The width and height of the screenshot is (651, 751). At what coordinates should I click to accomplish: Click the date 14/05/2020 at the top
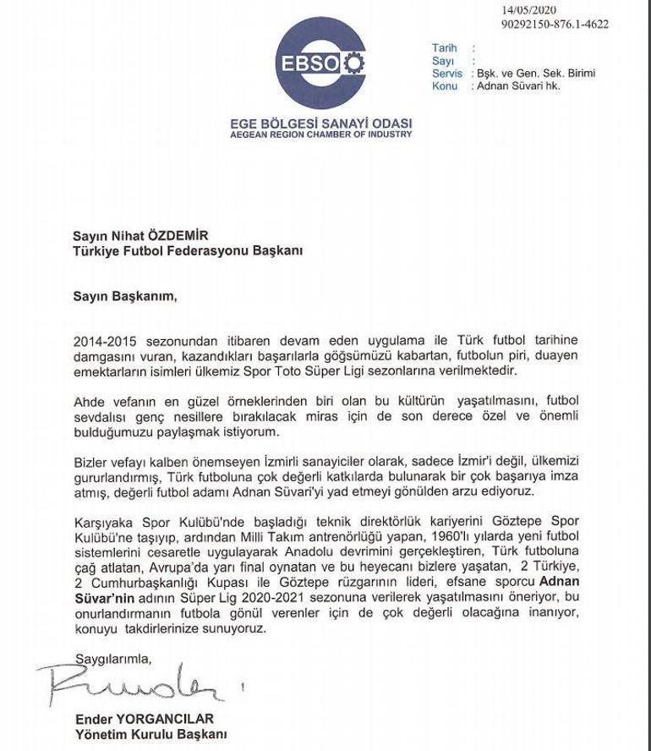[526, 11]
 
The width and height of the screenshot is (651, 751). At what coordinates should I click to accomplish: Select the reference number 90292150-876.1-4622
[555, 25]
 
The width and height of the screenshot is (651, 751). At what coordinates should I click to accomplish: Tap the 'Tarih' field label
[444, 49]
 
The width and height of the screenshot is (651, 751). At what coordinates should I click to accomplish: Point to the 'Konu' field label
[445, 86]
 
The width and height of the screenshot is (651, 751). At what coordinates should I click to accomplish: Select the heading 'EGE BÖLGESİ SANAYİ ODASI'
[320, 123]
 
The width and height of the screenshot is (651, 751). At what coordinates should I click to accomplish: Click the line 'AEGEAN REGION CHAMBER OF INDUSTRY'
[320, 134]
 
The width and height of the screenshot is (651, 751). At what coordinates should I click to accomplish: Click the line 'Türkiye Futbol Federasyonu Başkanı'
[186, 251]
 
